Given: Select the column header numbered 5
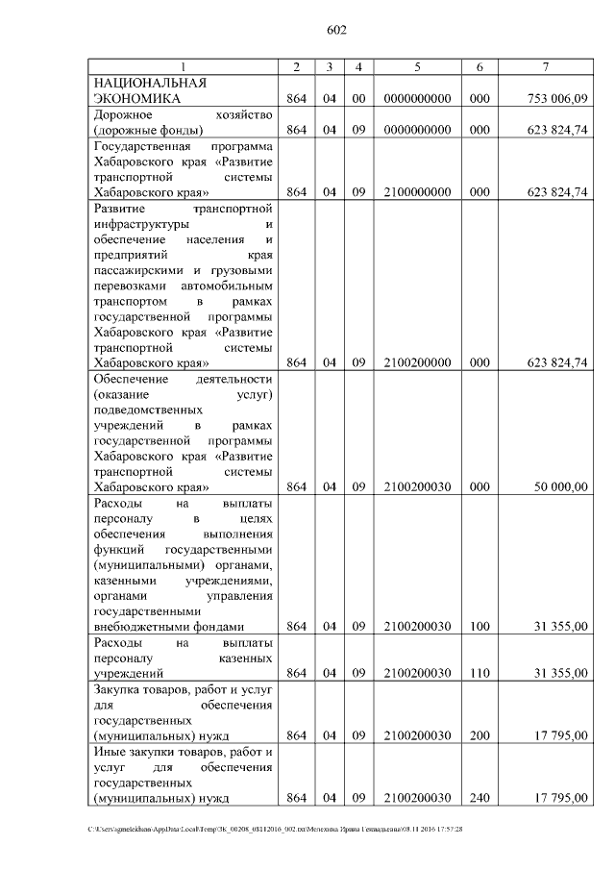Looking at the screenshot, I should click(x=417, y=66).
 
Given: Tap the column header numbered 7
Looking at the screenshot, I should click(x=545, y=66).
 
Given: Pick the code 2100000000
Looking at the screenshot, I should click(x=417, y=192).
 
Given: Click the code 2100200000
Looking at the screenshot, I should click(x=417, y=362).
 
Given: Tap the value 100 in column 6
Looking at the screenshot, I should click(x=480, y=627).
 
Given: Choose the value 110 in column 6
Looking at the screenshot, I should click(x=480, y=673).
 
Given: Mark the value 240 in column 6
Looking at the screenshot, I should click(x=480, y=799).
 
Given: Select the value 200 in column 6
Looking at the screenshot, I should click(x=480, y=736).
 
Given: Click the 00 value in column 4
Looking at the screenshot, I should click(x=358, y=98).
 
